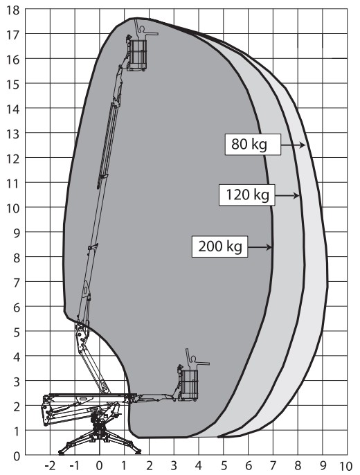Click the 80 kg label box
[253, 144]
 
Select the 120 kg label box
[247, 195]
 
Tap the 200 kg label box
[220, 247]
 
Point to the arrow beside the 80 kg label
[293, 145]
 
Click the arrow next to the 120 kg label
[287, 196]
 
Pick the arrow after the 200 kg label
[260, 247]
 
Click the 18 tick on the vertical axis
[12, 10]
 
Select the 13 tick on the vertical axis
[12, 134]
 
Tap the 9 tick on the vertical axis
[16, 233]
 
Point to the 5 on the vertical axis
[16, 332]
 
